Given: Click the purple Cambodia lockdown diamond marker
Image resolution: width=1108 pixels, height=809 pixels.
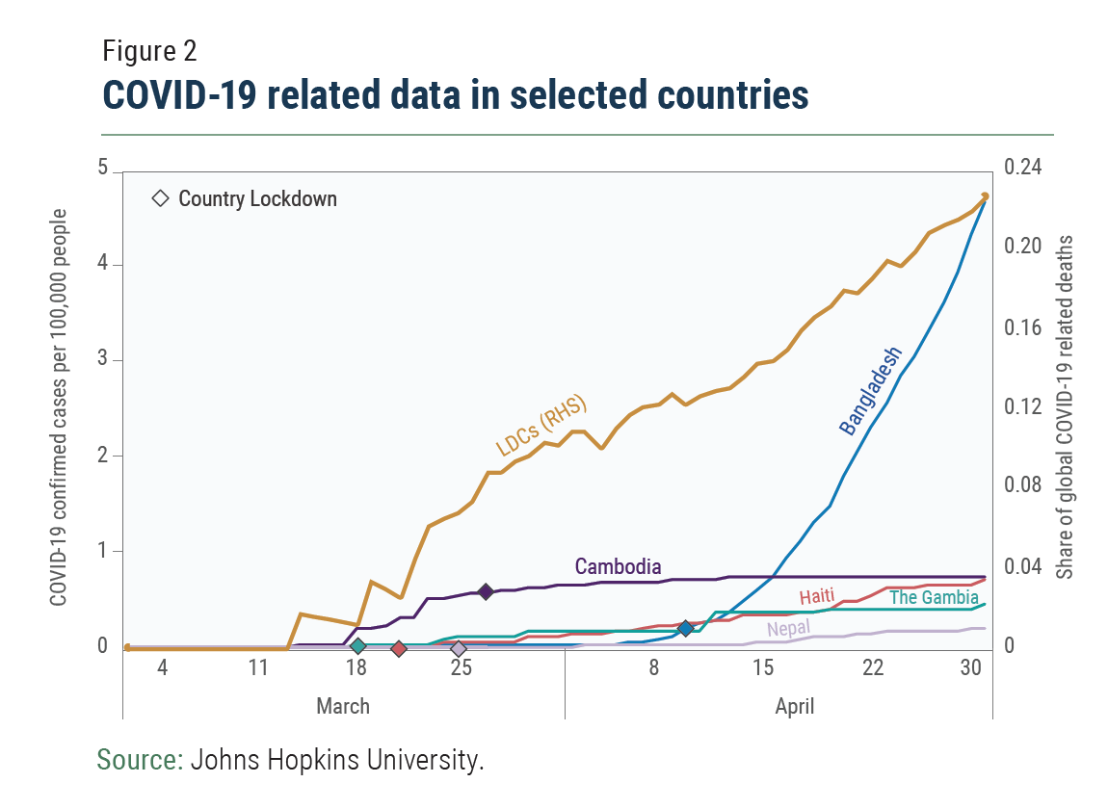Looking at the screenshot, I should tap(486, 591).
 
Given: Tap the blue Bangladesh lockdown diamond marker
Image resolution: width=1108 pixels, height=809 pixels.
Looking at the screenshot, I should tap(685, 629).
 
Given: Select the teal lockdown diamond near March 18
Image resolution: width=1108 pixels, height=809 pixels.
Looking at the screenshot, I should tap(358, 646).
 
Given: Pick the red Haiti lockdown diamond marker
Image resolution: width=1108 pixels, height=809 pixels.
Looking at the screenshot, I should tap(399, 648).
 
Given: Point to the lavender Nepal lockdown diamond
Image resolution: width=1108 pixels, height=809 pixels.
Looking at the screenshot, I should tap(459, 648).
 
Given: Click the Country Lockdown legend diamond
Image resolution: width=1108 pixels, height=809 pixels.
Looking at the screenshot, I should tap(160, 199).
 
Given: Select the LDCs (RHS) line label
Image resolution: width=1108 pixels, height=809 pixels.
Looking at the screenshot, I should tap(541, 425).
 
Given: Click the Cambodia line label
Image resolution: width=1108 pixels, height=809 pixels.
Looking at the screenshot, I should tap(618, 566).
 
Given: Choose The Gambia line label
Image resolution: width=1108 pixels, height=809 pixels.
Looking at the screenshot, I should tap(934, 597).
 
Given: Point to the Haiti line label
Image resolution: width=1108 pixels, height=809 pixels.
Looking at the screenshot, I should tap(816, 595).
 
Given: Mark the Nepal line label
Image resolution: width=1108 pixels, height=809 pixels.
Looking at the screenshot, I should tap(788, 630).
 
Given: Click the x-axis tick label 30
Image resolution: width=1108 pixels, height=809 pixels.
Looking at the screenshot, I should tap(970, 667).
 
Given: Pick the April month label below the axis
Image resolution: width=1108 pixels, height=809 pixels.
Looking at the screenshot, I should tap(794, 707).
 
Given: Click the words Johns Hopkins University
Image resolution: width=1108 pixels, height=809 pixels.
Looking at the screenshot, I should tap(336, 760).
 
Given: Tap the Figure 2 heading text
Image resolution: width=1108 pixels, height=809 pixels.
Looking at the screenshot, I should tap(149, 52).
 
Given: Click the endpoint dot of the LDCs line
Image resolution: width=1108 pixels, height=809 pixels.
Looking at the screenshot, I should tap(985, 196).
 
